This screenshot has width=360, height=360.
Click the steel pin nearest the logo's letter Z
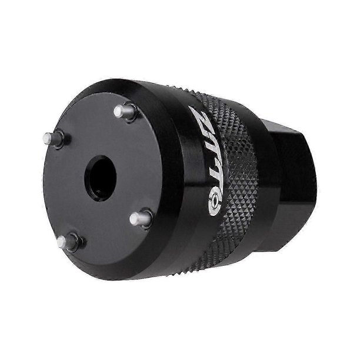pos(124,112)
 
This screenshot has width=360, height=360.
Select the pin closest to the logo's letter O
pos(140,218)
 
